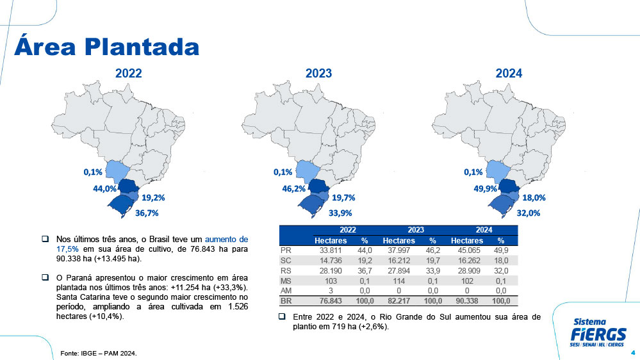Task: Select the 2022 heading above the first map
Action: click(x=129, y=74)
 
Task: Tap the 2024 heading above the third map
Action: click(x=509, y=74)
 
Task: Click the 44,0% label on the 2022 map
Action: click(x=104, y=189)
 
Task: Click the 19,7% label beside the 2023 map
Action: click(x=343, y=198)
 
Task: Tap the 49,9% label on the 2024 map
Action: click(x=486, y=189)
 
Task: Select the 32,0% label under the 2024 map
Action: click(x=529, y=213)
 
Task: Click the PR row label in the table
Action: click(x=286, y=250)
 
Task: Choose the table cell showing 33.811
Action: click(x=332, y=250)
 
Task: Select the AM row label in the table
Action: click(x=286, y=290)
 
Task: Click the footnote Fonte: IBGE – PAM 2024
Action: click(x=99, y=353)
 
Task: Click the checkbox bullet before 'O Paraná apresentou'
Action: click(x=45, y=277)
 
